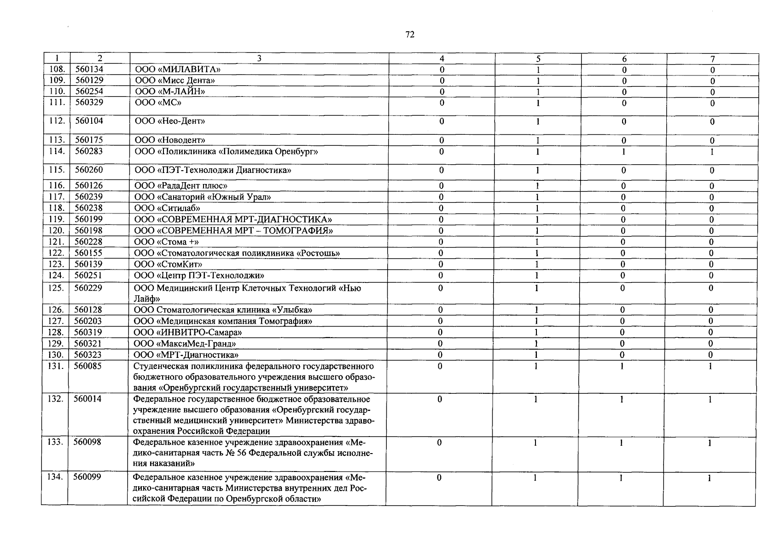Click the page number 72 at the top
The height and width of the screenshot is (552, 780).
[x=410, y=35]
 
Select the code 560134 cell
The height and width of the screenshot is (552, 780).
[x=89, y=69]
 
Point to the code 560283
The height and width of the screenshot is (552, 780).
[x=89, y=151]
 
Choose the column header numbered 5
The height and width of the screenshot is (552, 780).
[x=538, y=58]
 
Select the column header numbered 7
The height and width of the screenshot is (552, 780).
[x=712, y=58]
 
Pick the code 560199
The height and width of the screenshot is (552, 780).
[x=88, y=219]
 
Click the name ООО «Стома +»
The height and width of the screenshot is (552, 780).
[x=166, y=241]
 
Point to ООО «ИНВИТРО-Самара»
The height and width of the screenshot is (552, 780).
[x=187, y=332]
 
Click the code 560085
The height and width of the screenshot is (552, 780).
[x=88, y=366]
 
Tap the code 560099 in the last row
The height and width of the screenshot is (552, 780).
[x=87, y=477]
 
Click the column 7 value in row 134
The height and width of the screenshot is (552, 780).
[x=710, y=478]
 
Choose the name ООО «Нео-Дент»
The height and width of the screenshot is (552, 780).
[x=169, y=121]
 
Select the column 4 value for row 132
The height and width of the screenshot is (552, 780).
[x=440, y=400]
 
